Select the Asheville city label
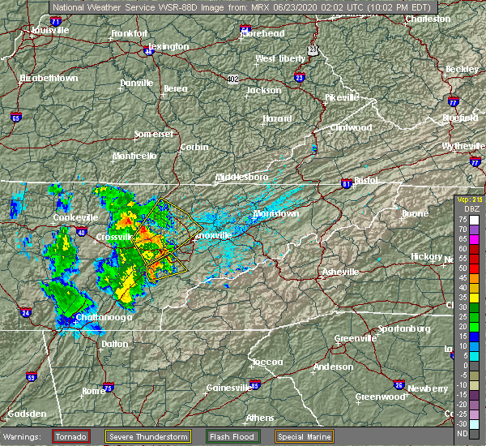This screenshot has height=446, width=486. pos(340,272)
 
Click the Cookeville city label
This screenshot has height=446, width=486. pos(75,217)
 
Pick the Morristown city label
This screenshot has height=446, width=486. pos(276,213)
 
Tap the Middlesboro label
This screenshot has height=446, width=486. pos(241,176)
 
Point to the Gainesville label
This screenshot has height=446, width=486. pos(228,387)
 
